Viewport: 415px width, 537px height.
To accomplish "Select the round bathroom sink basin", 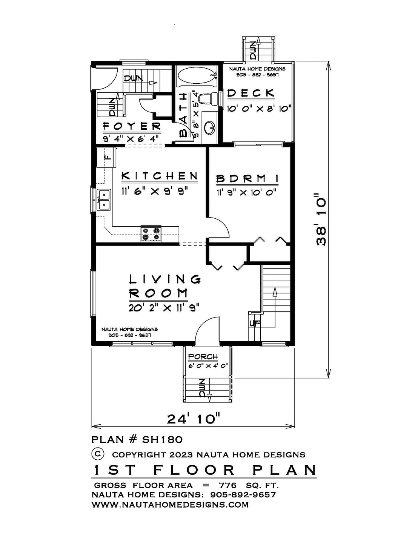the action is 210,127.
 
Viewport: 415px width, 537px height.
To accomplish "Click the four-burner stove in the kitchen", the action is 151,233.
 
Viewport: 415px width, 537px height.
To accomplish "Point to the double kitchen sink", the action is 104,199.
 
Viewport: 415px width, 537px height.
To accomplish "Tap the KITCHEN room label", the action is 160,176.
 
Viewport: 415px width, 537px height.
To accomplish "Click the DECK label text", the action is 251,93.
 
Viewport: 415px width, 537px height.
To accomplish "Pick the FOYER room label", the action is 132,126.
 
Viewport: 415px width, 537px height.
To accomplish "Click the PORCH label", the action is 203,357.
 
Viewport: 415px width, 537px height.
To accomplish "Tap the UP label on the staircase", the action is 255,323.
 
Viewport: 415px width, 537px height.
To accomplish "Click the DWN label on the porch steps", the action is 202,388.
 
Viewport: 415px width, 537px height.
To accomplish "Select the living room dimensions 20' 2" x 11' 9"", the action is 164,308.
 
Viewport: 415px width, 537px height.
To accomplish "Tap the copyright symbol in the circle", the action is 98,454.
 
